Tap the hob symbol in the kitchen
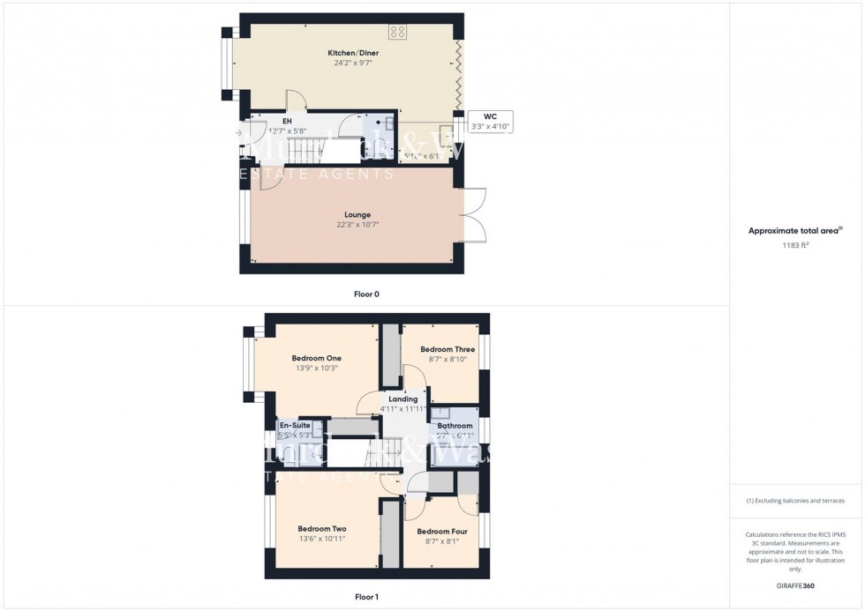[397, 31]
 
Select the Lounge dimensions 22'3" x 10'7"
[357, 225]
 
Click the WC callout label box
[490, 122]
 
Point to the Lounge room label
[357, 214]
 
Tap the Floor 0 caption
[366, 294]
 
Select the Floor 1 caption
[366, 597]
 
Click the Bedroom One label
[317, 357]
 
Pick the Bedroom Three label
[447, 349]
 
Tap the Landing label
[403, 399]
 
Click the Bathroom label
[455, 426]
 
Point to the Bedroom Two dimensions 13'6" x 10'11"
[321, 539]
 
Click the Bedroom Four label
[442, 532]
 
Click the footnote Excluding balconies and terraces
[795, 501]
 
